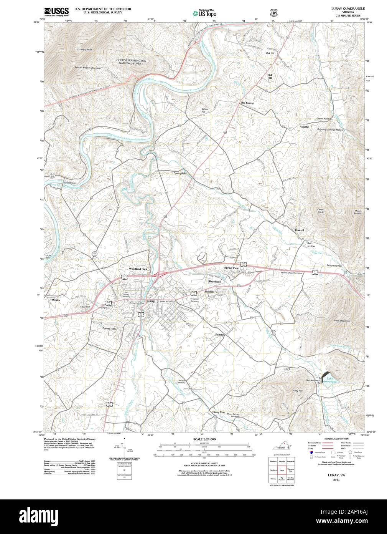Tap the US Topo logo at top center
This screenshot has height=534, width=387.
coord(204,13)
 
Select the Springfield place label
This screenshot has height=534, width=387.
coord(180,173)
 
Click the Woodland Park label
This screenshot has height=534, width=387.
coord(138,269)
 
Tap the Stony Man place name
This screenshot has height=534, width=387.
coord(219,412)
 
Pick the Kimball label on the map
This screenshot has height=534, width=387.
coord(299,230)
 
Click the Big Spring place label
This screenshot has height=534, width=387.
coord(247,103)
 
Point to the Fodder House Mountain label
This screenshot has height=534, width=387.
coord(88,68)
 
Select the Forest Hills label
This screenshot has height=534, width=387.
coord(109,329)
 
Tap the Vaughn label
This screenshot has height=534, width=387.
coord(305,126)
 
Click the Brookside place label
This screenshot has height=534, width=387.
coord(215,282)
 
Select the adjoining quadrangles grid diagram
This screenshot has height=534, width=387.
coord(282,470)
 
